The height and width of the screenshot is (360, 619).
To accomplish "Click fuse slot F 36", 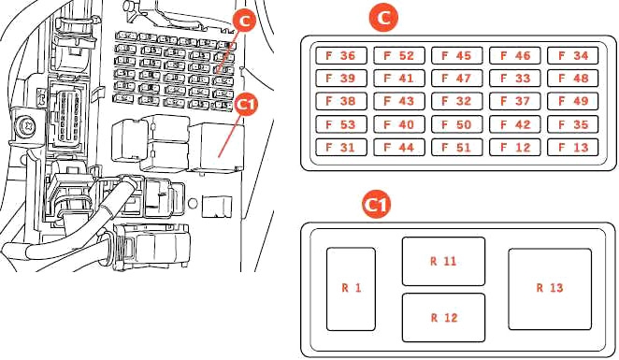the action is [x=341, y=56].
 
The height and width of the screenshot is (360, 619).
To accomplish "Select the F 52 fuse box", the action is [x=399, y=56].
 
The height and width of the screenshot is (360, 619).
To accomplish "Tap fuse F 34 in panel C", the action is [x=573, y=56].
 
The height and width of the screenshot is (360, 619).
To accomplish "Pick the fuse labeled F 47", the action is [x=456, y=79].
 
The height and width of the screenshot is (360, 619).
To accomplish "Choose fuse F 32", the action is [x=456, y=101].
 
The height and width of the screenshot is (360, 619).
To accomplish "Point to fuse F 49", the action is [x=573, y=101].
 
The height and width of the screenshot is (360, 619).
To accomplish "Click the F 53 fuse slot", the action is [x=341, y=124].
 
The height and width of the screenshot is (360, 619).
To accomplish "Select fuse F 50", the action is [x=456, y=124].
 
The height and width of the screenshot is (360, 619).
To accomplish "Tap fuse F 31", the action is [x=341, y=147].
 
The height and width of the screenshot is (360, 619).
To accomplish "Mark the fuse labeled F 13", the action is [x=573, y=147].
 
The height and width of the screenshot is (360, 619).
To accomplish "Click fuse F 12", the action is [x=515, y=147].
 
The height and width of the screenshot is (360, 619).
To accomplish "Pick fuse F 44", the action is [x=399, y=147].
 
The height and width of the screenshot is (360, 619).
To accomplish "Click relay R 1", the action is [x=351, y=289].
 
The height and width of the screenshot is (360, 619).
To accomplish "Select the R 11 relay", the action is [x=443, y=261].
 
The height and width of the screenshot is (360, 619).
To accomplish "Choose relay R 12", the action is [x=443, y=318].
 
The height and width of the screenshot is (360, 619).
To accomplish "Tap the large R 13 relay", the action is [x=550, y=289].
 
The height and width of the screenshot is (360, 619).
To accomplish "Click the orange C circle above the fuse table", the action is [x=383, y=18].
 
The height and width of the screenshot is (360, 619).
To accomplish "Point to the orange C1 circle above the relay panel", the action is [x=377, y=205].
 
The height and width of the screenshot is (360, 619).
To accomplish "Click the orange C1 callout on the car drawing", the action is [x=246, y=105].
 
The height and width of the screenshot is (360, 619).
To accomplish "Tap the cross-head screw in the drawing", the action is [x=28, y=126].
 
